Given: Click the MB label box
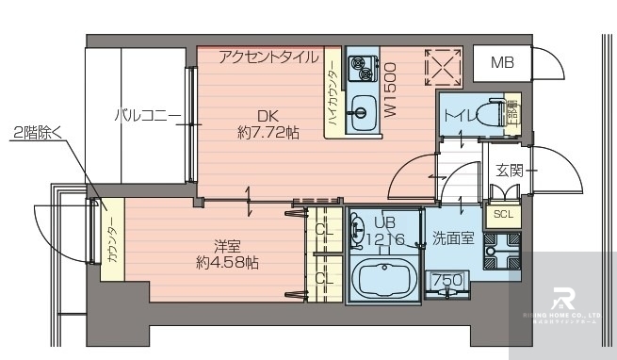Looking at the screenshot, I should coord(501,63).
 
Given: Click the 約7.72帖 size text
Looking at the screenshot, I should coord(268,133).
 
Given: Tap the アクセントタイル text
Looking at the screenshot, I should coord(268,57).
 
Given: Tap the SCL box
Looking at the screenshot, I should coord(504,214).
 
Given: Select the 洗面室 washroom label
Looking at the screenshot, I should coord(453,238).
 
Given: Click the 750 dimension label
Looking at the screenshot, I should coord(447,281).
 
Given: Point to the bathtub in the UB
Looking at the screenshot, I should coord(385,280).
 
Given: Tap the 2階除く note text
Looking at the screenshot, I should coord(40,133).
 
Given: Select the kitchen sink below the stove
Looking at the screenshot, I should coord(361,110).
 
